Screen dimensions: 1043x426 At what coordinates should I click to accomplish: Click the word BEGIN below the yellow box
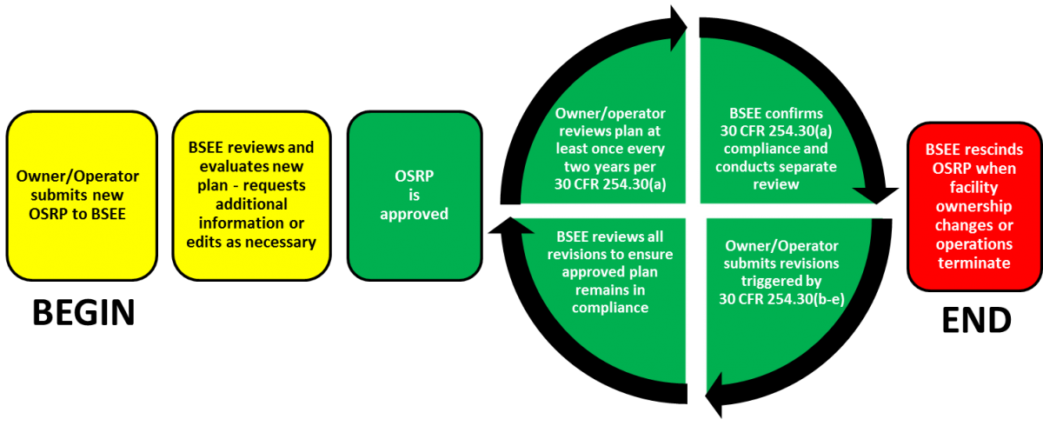pos(83,312)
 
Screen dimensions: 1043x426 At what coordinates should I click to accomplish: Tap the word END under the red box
pos(976,320)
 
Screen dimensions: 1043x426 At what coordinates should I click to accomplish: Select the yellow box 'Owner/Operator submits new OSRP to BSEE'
pos(82,196)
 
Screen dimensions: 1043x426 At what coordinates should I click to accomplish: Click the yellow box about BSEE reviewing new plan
pos(251,196)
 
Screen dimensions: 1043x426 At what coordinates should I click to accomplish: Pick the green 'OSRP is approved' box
pos(415,196)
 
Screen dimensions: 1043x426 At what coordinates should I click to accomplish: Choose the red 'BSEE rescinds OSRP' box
pos(974,207)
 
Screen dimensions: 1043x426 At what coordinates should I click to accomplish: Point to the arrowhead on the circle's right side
pos(876,196)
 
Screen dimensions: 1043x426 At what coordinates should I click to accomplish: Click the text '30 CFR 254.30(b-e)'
pos(781,299)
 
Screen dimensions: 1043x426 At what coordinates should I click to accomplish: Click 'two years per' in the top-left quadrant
pos(609,167)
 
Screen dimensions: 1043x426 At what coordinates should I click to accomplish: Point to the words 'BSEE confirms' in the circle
pos(775,113)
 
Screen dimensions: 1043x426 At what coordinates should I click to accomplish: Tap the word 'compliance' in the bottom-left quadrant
pos(610,308)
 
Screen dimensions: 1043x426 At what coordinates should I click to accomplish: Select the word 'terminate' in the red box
pos(974,263)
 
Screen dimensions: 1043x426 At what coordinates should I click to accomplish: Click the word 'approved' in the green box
pos(414,214)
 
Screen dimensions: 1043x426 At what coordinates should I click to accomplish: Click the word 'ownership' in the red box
pos(974,206)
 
